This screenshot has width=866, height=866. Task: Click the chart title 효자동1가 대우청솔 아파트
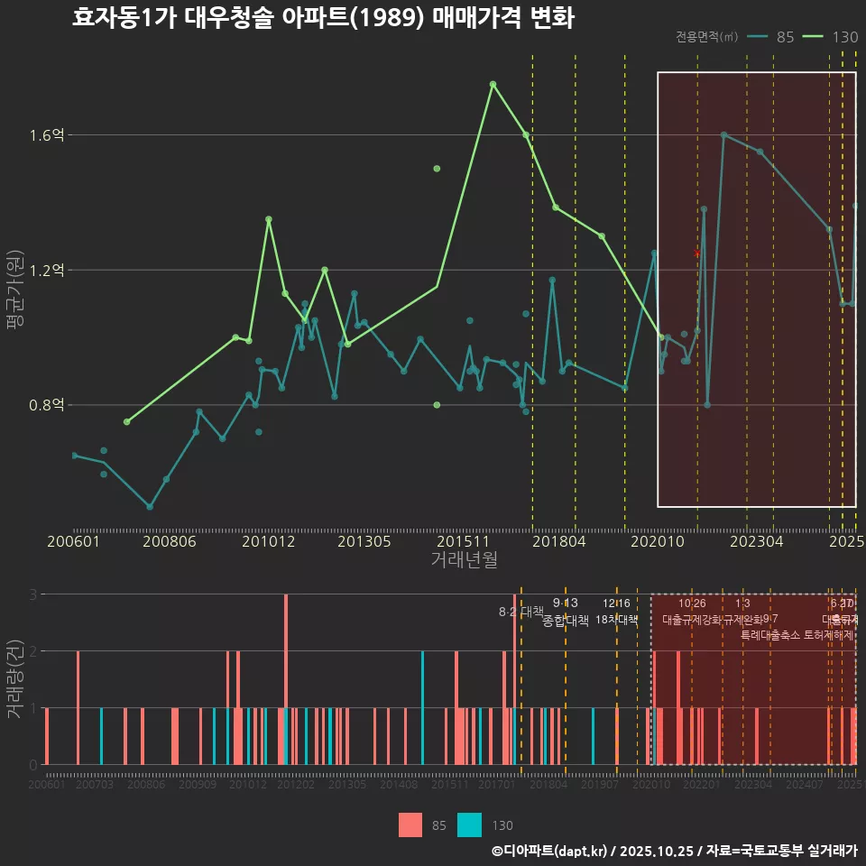click(x=323, y=18)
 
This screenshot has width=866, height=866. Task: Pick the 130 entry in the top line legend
click(x=844, y=37)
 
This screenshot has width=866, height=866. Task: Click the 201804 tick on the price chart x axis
click(x=558, y=541)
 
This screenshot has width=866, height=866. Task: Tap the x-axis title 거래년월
click(x=464, y=560)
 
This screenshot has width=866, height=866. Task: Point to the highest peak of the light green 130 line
click(x=493, y=84)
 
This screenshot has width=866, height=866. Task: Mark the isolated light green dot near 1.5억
click(x=437, y=169)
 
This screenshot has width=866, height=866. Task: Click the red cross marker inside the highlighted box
click(x=696, y=253)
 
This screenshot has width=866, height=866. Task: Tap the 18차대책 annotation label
click(x=616, y=620)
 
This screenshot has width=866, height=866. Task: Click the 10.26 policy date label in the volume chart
click(x=692, y=603)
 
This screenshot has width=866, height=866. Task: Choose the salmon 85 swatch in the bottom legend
click(x=410, y=825)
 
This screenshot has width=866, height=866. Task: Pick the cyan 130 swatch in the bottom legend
click(x=469, y=825)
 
